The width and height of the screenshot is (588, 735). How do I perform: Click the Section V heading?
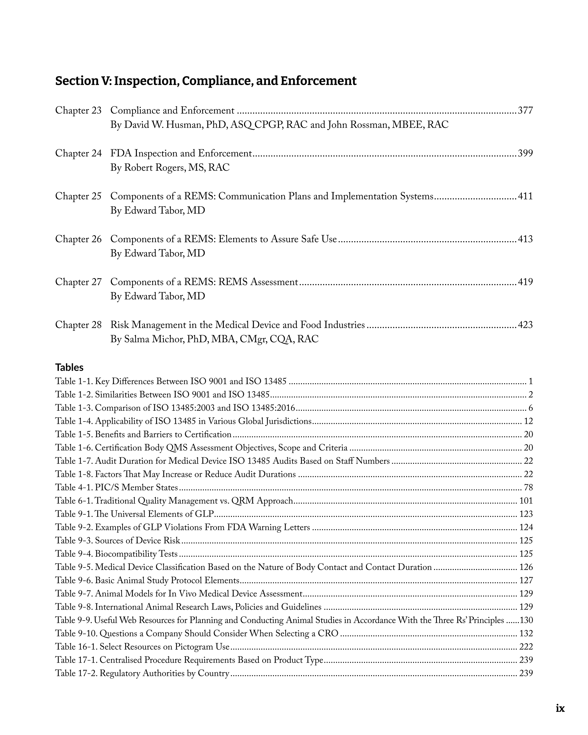point(206,81)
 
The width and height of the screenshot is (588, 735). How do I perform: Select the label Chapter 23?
point(78,110)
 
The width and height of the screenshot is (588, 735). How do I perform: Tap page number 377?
point(525,110)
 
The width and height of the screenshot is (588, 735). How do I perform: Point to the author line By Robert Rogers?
point(170,168)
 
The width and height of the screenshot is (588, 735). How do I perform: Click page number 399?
point(525,154)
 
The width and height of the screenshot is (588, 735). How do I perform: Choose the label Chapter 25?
point(78,196)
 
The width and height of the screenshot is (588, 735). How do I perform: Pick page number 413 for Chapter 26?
point(525,239)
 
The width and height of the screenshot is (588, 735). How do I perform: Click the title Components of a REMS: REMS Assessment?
point(204,282)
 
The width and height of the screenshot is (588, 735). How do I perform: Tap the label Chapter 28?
point(78,325)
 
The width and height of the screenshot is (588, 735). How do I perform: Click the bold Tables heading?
point(69,367)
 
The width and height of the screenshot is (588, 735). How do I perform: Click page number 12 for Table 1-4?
point(528,421)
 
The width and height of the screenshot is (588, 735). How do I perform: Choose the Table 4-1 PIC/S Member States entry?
point(116,487)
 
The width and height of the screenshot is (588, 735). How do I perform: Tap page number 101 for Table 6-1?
point(526,501)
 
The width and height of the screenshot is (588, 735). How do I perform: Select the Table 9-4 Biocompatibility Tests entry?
point(116,554)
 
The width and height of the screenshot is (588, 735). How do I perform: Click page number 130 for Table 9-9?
point(526,620)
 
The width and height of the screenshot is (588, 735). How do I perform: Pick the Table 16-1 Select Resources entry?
point(142,647)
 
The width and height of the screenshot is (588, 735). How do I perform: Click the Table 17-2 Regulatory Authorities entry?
point(142,673)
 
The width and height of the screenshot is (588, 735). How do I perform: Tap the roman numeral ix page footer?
point(560,708)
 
